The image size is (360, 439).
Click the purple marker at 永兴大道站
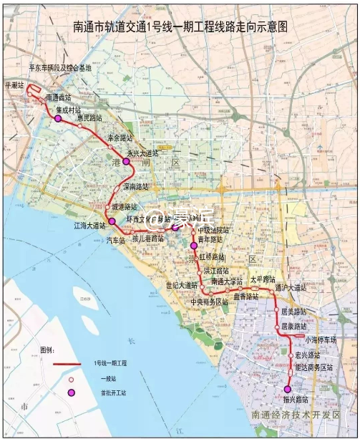[x=127, y=163]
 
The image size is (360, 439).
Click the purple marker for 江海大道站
[x=112, y=221]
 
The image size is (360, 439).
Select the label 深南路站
[x=136, y=186]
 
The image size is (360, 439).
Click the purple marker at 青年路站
[x=193, y=246]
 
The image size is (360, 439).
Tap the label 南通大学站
[x=227, y=281]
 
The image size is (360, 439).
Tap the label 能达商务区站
[x=314, y=367]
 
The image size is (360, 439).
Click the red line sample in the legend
[x=71, y=365]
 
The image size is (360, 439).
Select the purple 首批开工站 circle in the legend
[x=72, y=392]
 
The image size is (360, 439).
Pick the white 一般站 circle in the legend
[x=72, y=379]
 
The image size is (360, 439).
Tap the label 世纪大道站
[x=182, y=285]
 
